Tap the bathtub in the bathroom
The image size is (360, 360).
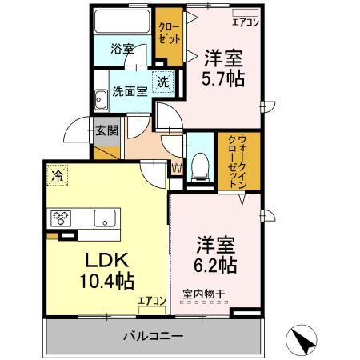[122, 22]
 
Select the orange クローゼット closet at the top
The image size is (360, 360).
[168, 36]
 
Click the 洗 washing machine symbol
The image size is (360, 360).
[162, 81]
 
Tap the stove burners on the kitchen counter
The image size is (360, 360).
[61, 218]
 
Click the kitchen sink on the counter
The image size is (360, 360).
[105, 218]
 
